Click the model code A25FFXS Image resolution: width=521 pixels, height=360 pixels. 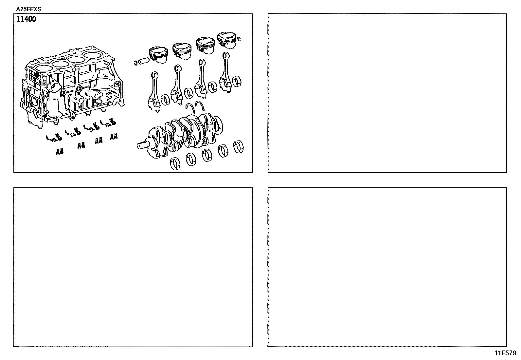[x=28, y=9]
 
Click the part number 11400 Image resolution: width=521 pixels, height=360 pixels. [x=26, y=19]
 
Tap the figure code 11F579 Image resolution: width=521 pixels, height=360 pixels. [x=505, y=353]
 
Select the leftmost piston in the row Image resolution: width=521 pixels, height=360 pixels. [x=158, y=55]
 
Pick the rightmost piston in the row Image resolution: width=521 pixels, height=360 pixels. [x=227, y=40]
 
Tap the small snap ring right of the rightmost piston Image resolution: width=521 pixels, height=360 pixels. [x=239, y=39]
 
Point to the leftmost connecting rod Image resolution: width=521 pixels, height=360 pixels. [x=154, y=91]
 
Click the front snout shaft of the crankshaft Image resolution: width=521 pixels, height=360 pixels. [x=143, y=145]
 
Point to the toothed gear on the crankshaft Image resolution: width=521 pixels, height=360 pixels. [x=201, y=132]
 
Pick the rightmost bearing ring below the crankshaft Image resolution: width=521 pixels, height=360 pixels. [x=238, y=147]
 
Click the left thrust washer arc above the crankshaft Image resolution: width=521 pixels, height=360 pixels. [x=190, y=107]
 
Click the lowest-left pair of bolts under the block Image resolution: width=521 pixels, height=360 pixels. [x=60, y=151]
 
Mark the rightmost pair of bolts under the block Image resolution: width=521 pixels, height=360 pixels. [x=114, y=136]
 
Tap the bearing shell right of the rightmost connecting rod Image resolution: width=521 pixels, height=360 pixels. [x=237, y=82]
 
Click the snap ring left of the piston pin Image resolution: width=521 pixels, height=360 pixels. [x=135, y=63]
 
